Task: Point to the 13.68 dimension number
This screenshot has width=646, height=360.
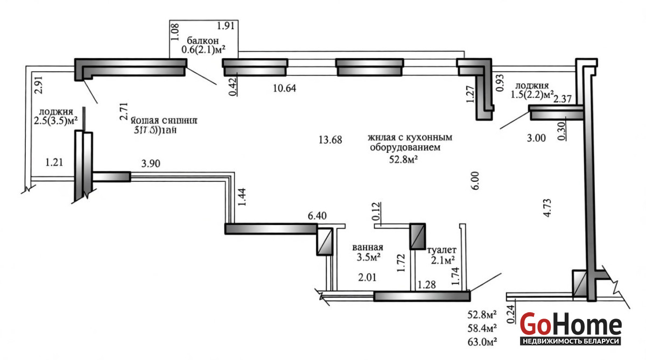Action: (330, 140)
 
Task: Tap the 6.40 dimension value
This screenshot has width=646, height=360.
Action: (317, 216)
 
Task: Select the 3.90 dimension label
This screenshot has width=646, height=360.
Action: (150, 164)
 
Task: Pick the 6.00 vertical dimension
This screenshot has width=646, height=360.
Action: (474, 180)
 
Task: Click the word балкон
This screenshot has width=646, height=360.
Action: (203, 40)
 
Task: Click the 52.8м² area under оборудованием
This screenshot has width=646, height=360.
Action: (404, 159)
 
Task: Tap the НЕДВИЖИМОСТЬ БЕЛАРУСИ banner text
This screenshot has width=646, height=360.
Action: (571, 342)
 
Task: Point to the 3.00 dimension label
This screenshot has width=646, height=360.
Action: (536, 138)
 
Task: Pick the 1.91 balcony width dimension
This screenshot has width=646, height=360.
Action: (226, 25)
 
